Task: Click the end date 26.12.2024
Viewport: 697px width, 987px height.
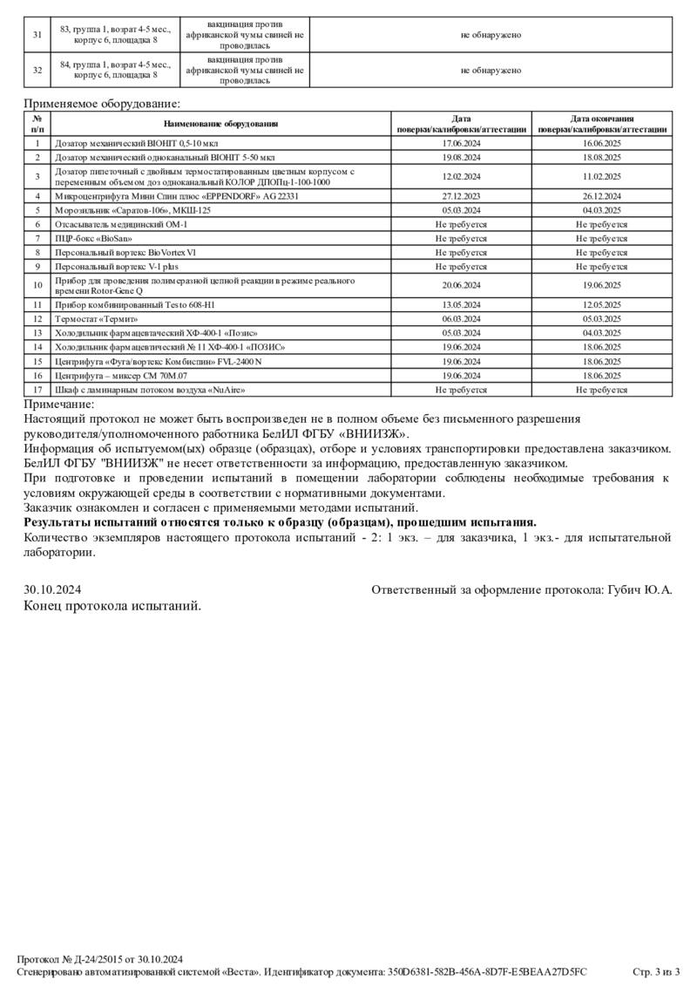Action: pos(602,197)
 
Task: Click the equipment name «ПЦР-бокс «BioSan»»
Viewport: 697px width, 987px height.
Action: pos(94,238)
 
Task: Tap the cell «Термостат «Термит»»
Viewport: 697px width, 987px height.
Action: pos(97,319)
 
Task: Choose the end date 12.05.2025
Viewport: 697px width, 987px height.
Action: pos(602,304)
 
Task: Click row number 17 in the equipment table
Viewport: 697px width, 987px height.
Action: pos(37,390)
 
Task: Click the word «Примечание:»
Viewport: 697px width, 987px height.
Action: pos(59,404)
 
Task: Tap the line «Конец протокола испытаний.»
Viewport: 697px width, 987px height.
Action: pos(112,606)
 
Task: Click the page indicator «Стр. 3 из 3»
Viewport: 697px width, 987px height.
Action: pos(655,971)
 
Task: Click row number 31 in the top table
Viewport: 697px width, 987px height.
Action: pos(37,35)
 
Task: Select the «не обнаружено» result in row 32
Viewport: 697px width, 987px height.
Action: pos(491,71)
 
